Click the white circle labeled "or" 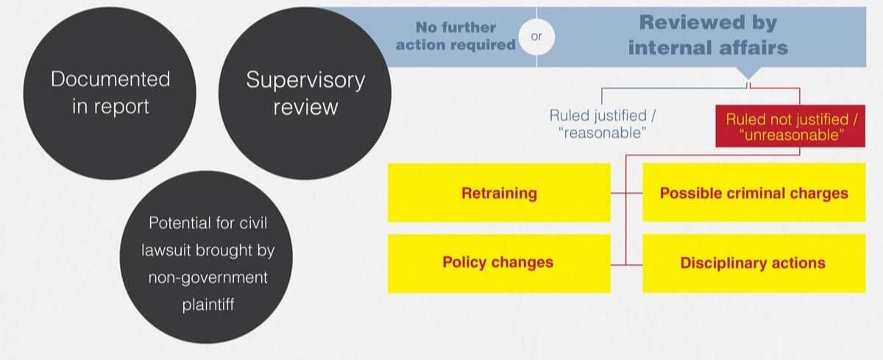tap(536, 37)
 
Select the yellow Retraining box tap(499, 193)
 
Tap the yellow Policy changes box tap(499, 264)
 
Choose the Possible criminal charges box tap(754, 192)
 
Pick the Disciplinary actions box tap(754, 264)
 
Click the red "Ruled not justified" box tap(790, 126)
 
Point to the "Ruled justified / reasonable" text tap(603, 124)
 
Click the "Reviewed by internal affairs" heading tap(708, 35)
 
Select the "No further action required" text tap(455, 36)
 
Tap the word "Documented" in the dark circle tap(110, 79)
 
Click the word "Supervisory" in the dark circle tap(305, 80)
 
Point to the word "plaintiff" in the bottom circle tap(208, 304)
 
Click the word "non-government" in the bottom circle tap(208, 278)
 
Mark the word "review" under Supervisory tap(305, 107)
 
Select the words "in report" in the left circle tap(110, 107)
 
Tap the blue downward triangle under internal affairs tap(748, 74)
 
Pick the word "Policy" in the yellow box tap(464, 263)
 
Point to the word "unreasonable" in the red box tap(792, 135)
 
